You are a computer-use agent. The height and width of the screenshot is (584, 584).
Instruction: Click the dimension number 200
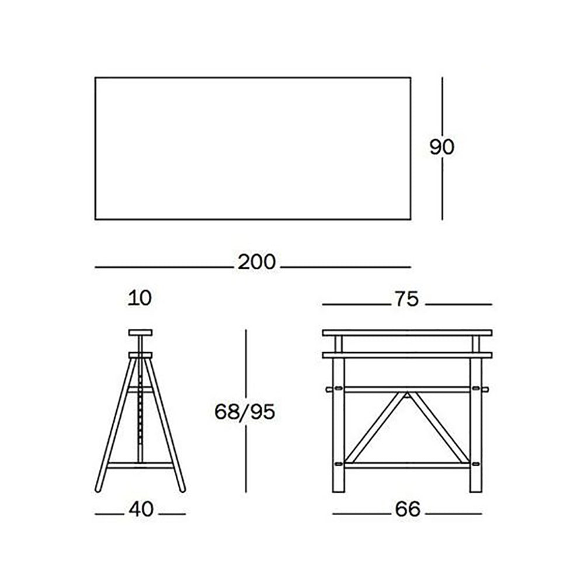click(256, 262)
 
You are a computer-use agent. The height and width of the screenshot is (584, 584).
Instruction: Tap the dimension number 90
click(442, 147)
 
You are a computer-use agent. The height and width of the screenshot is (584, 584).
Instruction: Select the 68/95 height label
click(245, 412)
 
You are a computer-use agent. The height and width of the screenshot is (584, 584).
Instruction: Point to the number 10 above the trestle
click(140, 298)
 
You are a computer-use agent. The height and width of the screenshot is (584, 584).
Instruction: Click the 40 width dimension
click(141, 509)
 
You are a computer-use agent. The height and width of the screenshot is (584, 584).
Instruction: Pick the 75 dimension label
click(406, 299)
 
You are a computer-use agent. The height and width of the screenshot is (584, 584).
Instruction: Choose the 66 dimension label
click(408, 509)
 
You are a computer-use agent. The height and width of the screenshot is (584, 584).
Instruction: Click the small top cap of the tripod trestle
click(140, 333)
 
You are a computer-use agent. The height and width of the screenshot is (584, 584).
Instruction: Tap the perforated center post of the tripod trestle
click(140, 410)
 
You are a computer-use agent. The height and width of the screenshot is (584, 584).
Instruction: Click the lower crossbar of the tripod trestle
click(140, 465)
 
